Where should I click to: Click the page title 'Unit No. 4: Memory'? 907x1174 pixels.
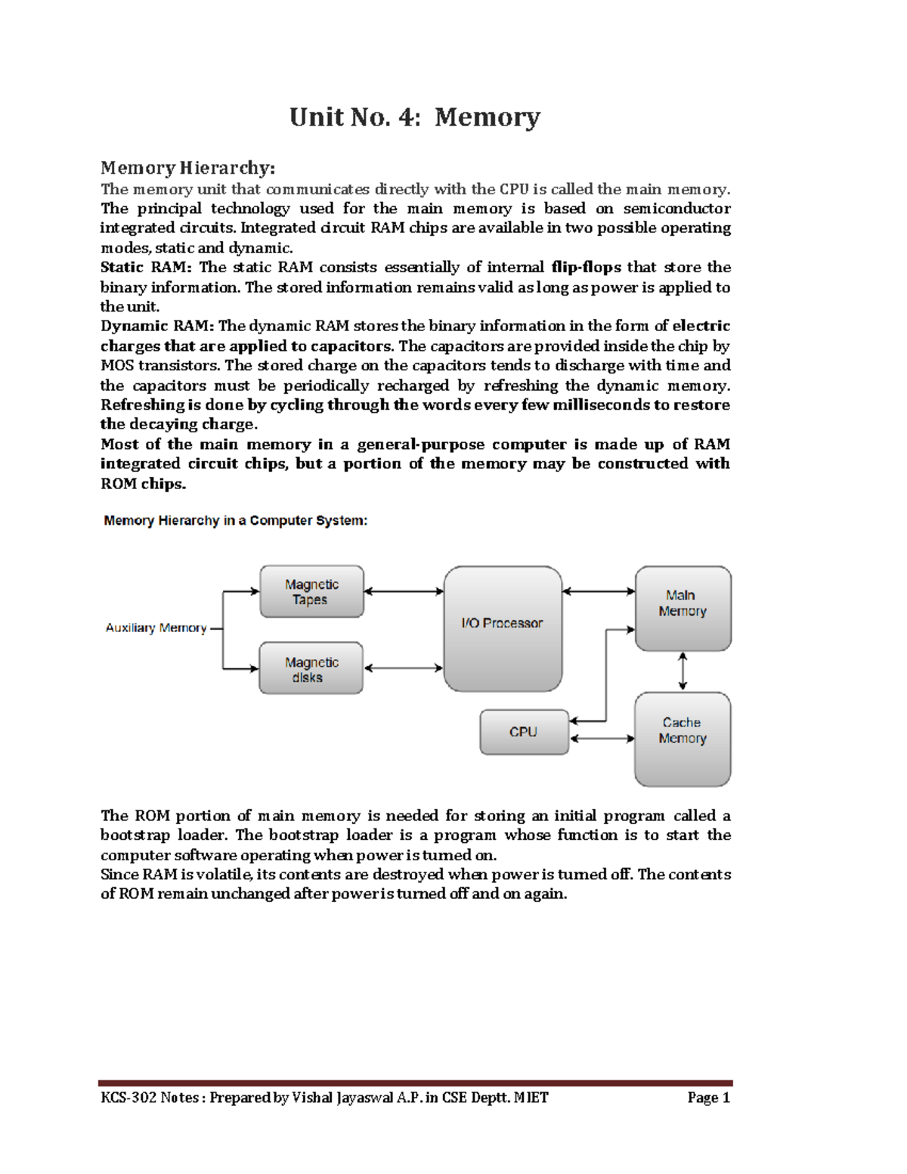414,117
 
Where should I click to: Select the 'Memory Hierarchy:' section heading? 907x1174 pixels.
187,168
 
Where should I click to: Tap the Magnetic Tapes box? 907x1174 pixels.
311,592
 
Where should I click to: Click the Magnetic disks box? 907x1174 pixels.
311,669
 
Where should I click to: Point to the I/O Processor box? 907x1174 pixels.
503,627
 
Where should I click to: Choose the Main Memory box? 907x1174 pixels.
683,607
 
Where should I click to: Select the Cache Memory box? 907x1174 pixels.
683,738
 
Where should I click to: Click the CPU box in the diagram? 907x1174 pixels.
524,732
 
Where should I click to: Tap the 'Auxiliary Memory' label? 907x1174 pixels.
156,628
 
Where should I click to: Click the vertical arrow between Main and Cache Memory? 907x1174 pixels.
683,671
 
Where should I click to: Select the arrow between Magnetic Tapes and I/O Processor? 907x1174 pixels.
404,591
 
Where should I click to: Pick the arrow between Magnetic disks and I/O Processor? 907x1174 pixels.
404,668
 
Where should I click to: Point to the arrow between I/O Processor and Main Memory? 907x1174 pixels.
599,591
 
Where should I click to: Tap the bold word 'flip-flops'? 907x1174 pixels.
586,268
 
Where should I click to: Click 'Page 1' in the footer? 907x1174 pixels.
708,1098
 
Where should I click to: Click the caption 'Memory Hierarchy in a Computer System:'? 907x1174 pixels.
235,521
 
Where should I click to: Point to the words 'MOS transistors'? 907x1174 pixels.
159,366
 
